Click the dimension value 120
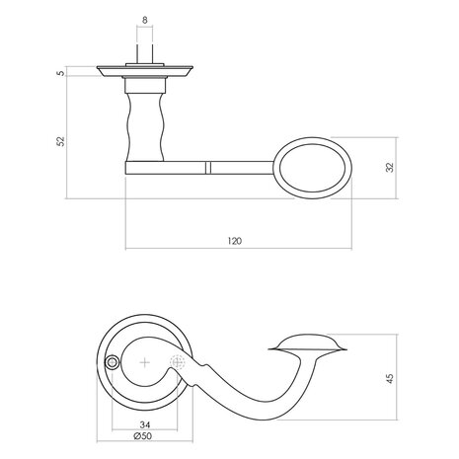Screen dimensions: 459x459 click(234, 241)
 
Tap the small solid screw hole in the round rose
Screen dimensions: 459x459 click(113, 363)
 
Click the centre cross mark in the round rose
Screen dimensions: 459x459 click(146, 363)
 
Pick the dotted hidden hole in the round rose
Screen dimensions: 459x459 click(179, 363)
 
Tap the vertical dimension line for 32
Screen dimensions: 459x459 click(380, 168)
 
